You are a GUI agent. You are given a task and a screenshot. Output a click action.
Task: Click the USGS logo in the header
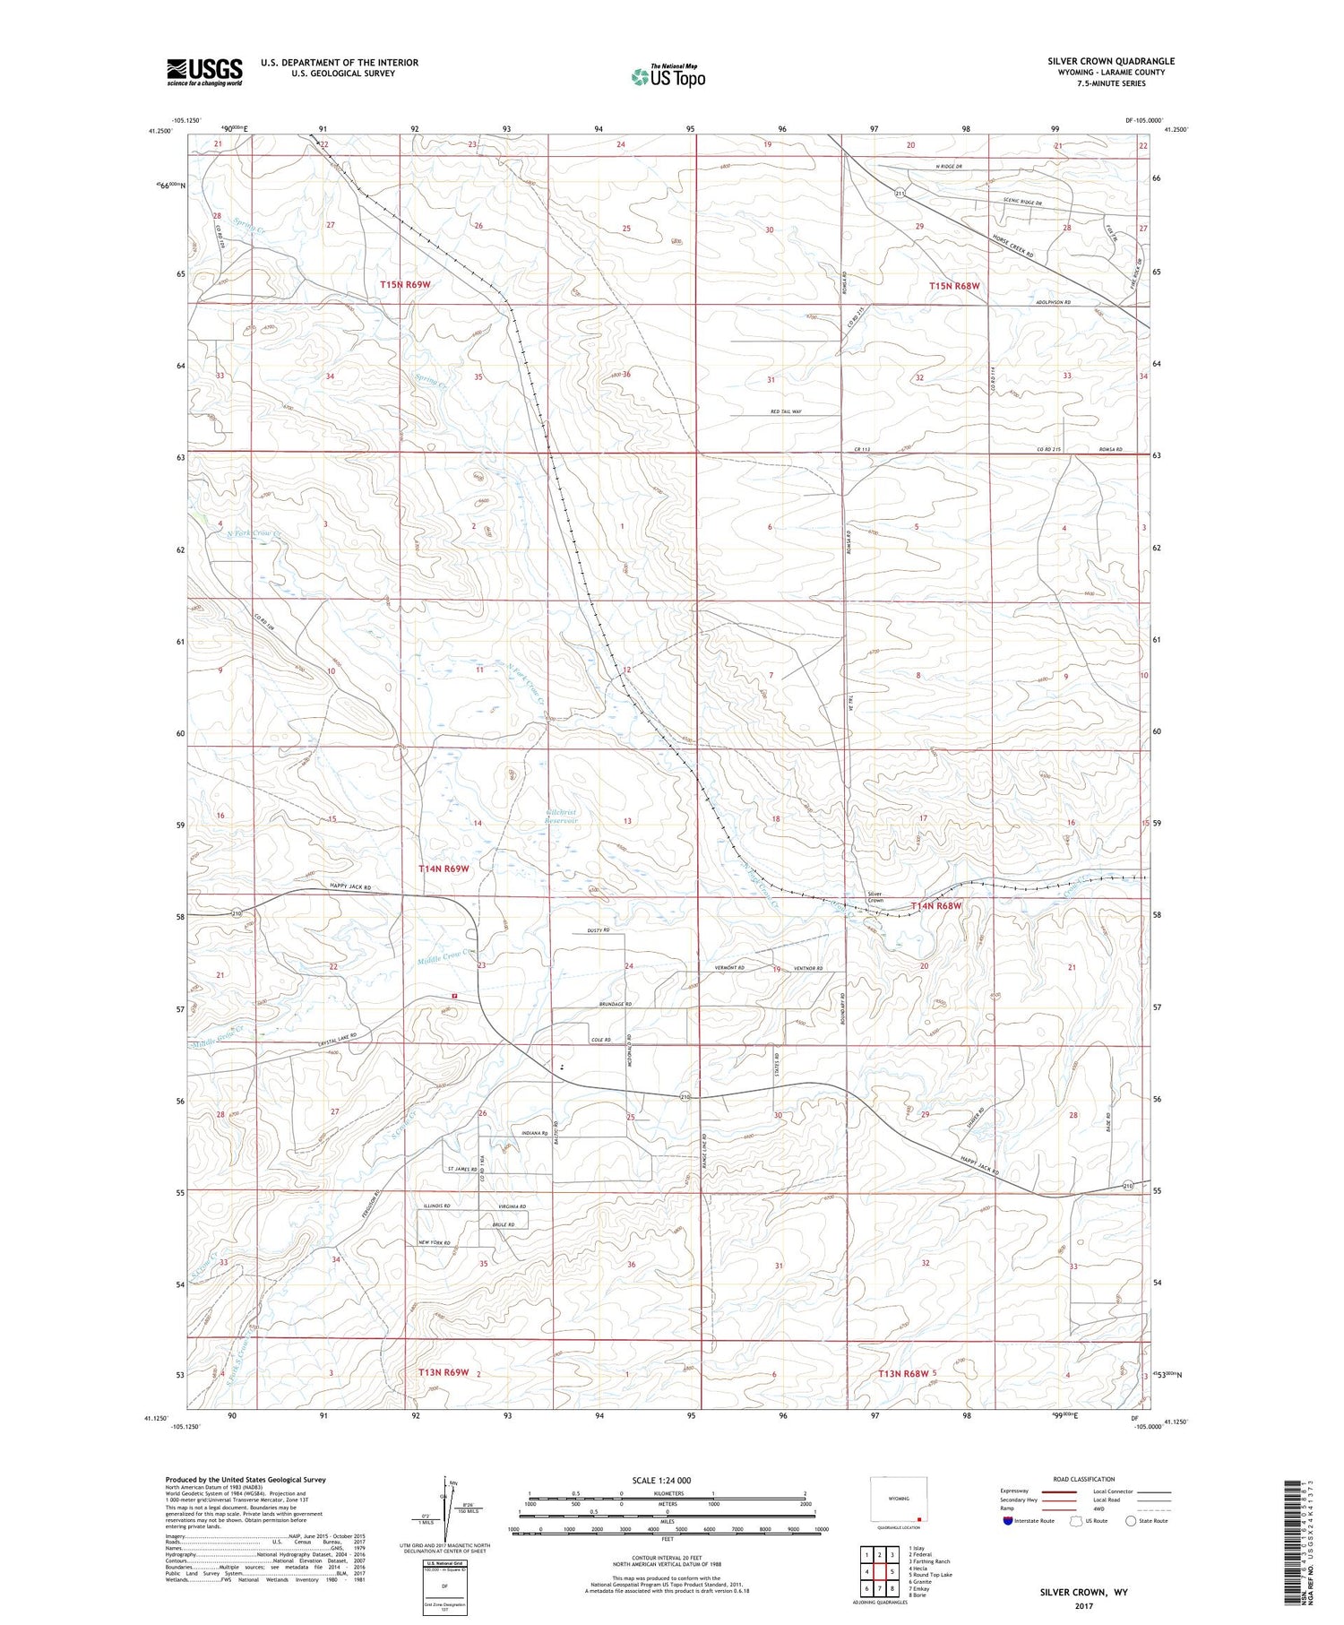(204, 72)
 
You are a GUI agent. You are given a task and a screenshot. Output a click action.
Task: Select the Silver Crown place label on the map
(874, 897)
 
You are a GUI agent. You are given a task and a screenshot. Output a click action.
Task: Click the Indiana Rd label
(534, 1134)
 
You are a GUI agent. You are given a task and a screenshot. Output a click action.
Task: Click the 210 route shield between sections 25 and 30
(685, 1098)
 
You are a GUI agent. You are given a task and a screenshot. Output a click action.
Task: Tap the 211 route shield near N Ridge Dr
(899, 194)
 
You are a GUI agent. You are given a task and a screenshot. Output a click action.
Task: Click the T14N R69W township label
(444, 869)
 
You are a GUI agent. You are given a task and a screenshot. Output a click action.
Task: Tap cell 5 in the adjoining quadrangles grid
(892, 1571)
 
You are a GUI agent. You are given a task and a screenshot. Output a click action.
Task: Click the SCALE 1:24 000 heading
(661, 1480)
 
